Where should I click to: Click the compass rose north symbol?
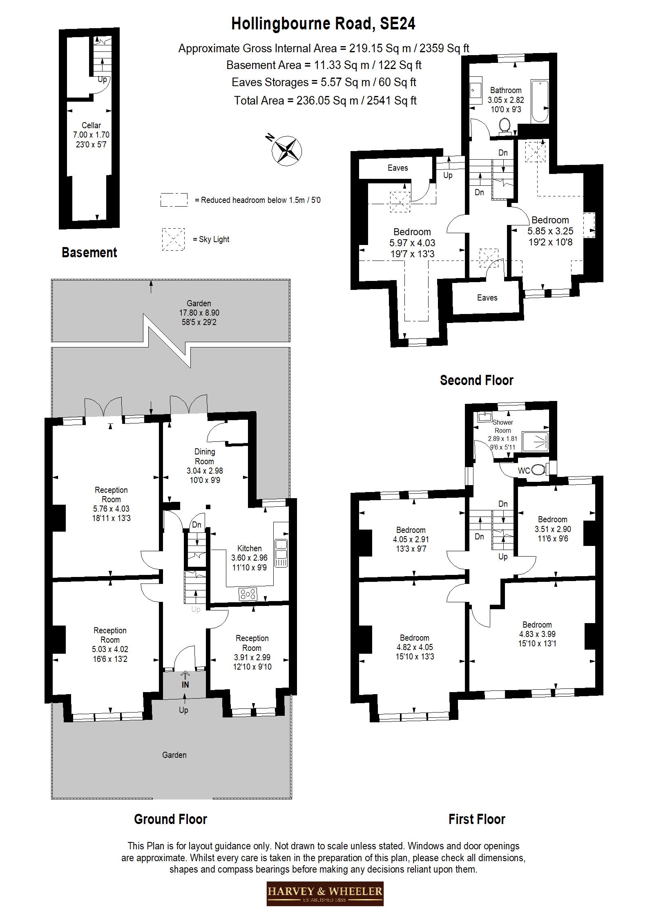point(286,150)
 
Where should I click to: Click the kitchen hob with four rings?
point(248,594)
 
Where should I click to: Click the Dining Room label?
point(204,456)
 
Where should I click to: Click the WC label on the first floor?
point(524,471)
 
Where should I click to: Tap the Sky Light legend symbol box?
point(173,239)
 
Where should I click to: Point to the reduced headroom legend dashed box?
point(174,200)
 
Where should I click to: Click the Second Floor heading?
point(476,380)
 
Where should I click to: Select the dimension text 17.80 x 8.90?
point(199,313)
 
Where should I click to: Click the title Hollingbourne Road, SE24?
point(323,24)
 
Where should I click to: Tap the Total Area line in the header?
point(325,100)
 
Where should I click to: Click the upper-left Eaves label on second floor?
point(397,168)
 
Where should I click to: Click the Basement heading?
point(89,252)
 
